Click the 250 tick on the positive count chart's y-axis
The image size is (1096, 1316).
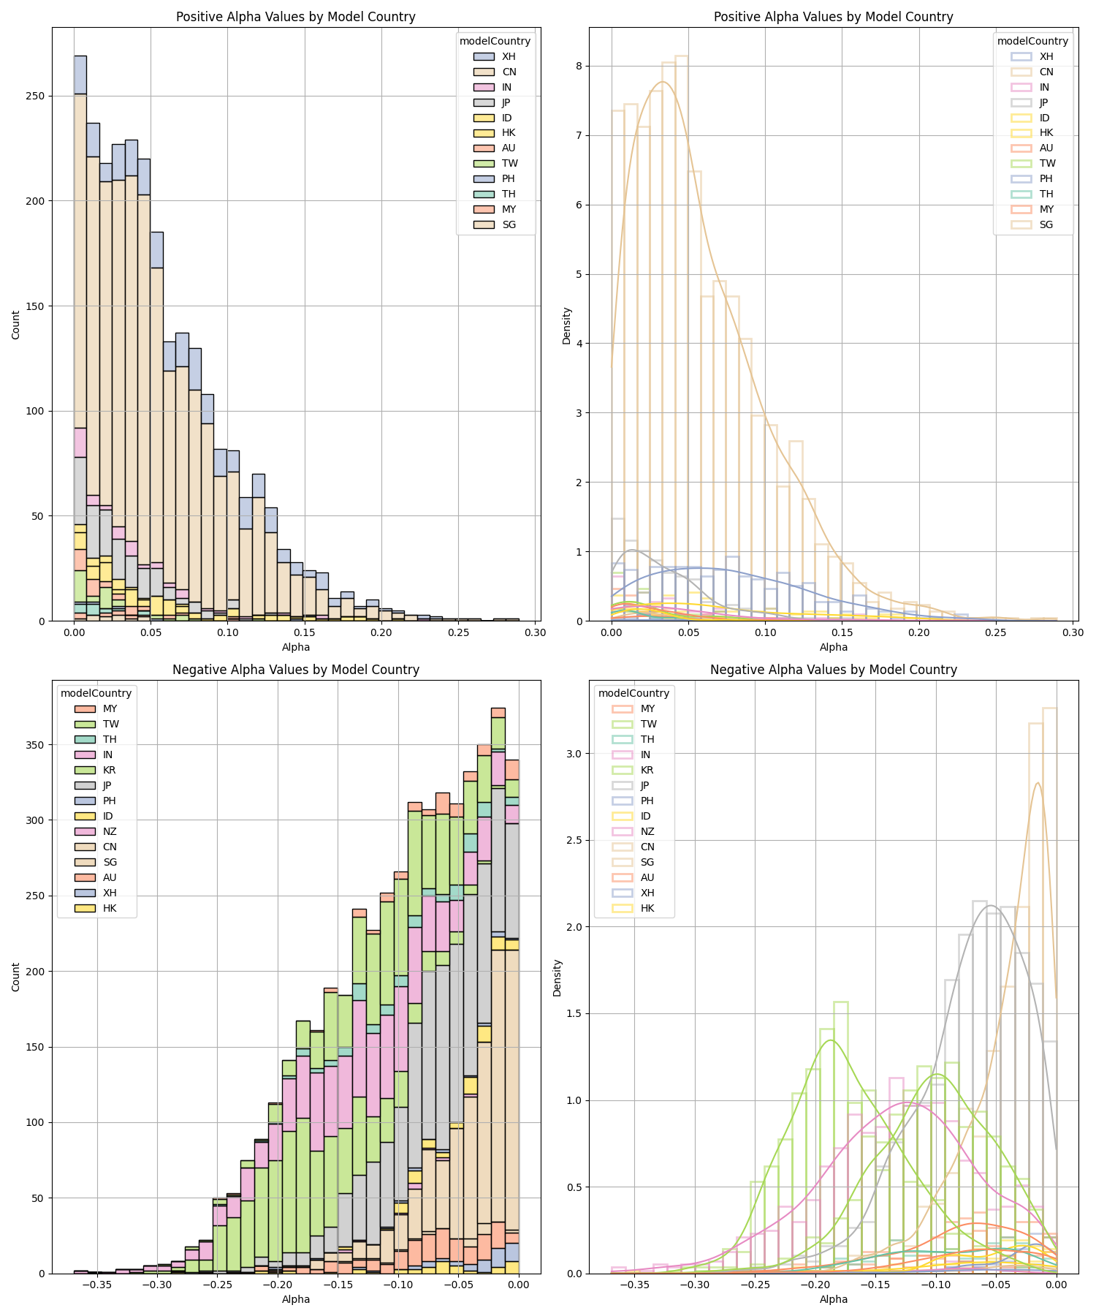coord(34,96)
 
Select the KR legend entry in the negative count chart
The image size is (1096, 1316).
coord(109,770)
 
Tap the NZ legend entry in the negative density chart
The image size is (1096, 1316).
coord(647,831)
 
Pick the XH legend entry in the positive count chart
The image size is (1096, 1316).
coord(509,56)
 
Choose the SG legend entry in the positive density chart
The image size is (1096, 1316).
coord(1046,224)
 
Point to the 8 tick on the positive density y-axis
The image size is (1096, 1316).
coord(578,66)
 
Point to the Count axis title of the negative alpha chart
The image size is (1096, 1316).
coord(16,977)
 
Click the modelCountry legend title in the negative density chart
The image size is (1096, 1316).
coord(633,693)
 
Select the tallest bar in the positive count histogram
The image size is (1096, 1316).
coord(80,336)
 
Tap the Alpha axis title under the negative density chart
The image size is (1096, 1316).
coord(833,1299)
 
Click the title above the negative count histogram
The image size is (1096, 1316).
coord(296,670)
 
